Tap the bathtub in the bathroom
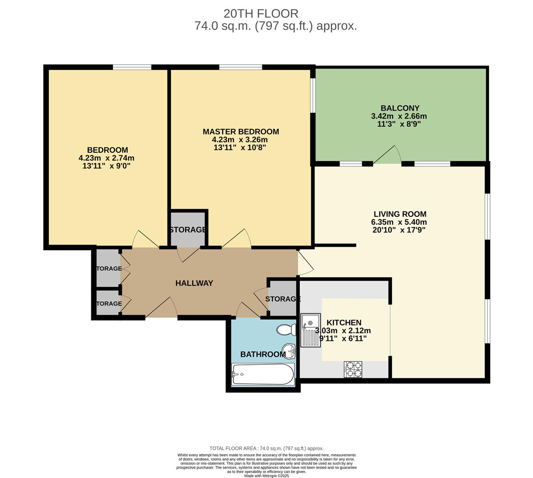pos(263,374)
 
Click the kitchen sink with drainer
pos(311,330)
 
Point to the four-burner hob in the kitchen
pos(353,369)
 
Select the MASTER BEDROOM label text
pos(241,131)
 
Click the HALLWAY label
pos(194,283)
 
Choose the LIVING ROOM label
pos(400,214)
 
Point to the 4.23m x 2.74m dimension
pos(106,158)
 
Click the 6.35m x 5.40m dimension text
pos(399,222)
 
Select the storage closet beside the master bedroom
pos(188,229)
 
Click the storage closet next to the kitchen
pos(283,299)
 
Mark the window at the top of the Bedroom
pos(132,67)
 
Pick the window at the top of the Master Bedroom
pos(240,67)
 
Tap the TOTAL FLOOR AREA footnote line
pos(266,448)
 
